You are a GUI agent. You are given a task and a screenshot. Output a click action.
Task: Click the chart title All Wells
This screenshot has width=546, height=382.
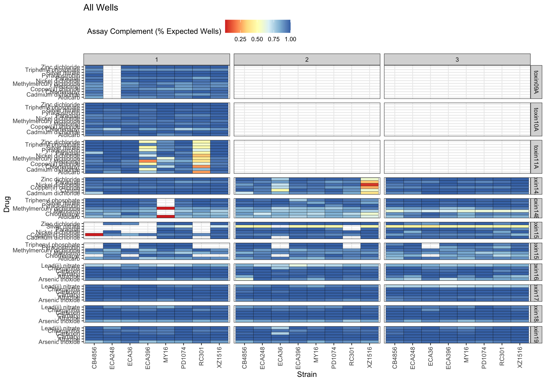(x=101, y=8)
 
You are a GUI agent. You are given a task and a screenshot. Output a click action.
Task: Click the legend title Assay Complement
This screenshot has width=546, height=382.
(x=154, y=32)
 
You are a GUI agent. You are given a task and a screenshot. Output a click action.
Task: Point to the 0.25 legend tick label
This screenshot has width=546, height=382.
(x=240, y=40)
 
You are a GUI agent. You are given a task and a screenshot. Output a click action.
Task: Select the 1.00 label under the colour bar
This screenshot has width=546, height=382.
(x=290, y=40)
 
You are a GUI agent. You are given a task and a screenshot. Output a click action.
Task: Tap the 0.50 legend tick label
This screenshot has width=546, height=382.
(x=257, y=40)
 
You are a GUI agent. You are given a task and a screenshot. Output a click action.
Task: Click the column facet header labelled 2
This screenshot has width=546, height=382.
(x=307, y=59)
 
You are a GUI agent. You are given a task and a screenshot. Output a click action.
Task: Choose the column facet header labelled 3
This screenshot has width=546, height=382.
(x=457, y=59)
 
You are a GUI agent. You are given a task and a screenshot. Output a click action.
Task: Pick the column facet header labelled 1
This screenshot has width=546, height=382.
(x=156, y=59)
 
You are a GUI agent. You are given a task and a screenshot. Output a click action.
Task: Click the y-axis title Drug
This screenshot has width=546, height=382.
(x=7, y=204)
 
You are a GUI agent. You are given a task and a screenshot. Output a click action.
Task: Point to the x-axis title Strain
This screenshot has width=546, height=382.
(x=307, y=374)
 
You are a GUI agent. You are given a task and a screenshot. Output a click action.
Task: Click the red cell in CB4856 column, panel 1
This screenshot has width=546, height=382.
(x=94, y=235)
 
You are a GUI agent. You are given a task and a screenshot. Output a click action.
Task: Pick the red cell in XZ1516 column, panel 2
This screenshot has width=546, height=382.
(x=369, y=185)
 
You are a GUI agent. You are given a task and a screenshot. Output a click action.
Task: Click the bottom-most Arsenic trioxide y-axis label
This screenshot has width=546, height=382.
(x=59, y=342)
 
